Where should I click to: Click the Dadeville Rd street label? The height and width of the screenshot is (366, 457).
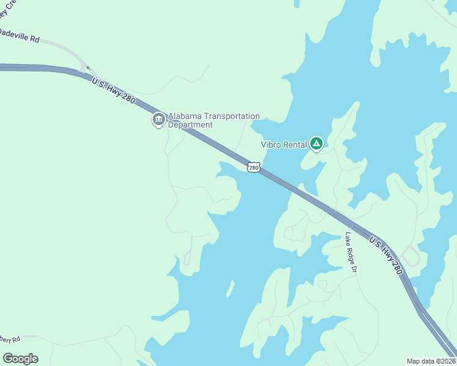(x=20, y=37)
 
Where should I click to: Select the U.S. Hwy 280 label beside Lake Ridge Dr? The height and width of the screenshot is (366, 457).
(x=386, y=255)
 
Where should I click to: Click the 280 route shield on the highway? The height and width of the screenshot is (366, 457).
(x=254, y=167)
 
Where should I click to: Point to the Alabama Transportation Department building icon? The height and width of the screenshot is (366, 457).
(x=158, y=118)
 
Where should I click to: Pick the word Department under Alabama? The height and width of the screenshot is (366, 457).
(x=190, y=125)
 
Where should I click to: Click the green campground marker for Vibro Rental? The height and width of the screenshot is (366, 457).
(x=316, y=144)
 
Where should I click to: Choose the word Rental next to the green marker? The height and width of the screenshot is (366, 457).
(x=294, y=145)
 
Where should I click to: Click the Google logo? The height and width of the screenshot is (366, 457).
(x=20, y=358)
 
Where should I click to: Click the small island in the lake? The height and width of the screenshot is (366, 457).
(x=230, y=288)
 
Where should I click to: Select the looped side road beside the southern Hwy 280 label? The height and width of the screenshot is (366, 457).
(x=411, y=256)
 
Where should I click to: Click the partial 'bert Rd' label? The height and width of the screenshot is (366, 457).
(x=10, y=339)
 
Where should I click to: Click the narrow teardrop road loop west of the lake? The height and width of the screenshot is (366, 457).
(x=188, y=256)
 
